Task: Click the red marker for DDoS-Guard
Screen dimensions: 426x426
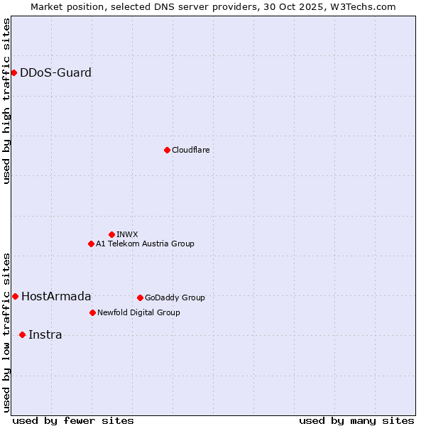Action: (13, 72)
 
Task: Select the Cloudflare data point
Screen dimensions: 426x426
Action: (167, 150)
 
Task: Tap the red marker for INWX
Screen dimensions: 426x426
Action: (111, 234)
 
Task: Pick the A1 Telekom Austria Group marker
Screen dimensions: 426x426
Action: (91, 244)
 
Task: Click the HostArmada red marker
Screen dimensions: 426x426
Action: (15, 296)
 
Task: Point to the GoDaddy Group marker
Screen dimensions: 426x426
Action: (140, 297)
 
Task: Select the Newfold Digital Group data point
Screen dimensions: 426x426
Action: (92, 312)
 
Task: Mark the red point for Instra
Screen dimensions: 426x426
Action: (22, 334)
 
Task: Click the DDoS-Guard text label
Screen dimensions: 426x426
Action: (55, 72)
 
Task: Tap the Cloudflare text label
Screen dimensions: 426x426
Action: (190, 150)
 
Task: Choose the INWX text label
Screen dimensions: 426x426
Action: (127, 234)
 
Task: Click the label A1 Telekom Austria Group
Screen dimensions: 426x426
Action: (145, 244)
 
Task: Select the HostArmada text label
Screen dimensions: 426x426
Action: (56, 296)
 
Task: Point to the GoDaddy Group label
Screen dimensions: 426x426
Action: (175, 297)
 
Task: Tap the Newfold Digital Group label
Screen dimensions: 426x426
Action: (138, 312)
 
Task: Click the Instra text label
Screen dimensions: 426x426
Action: (45, 334)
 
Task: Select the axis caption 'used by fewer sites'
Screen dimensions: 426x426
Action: (73, 420)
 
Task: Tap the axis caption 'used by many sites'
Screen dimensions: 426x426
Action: (356, 420)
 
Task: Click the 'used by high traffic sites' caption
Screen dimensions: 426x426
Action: (7, 101)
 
